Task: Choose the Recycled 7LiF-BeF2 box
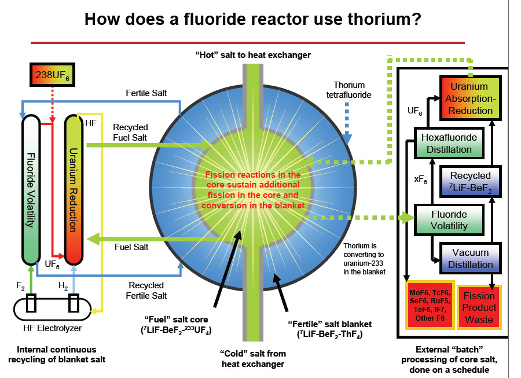[x=470, y=181]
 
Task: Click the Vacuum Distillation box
[x=470, y=259]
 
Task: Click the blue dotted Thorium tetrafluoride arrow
[x=347, y=119]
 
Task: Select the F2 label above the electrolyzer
[x=20, y=286]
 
